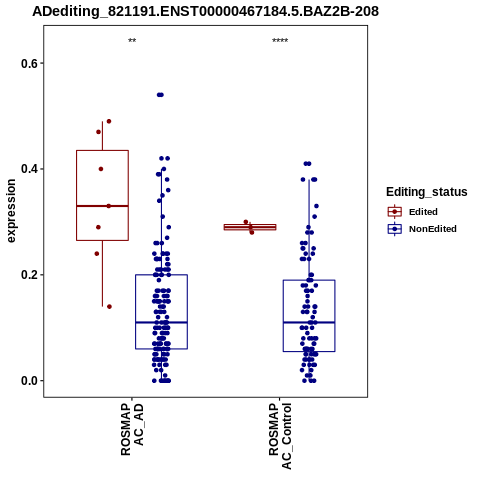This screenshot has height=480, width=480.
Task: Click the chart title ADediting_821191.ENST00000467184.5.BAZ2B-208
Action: point(205,11)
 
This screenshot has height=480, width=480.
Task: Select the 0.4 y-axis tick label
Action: point(28,169)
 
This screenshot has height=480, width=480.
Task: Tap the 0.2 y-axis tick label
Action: point(28,275)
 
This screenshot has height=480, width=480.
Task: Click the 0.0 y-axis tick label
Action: point(28,380)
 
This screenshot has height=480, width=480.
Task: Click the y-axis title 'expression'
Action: point(11,211)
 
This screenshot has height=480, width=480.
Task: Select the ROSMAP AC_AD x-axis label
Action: point(132,430)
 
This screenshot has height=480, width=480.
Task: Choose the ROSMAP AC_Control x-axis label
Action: point(280,436)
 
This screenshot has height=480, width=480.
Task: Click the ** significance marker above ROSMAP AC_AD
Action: point(132,41)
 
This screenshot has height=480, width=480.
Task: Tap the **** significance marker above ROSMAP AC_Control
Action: point(280,41)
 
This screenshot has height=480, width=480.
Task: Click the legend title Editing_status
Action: point(427,192)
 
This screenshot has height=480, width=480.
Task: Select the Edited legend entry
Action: point(423,212)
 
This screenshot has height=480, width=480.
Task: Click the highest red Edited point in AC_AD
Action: point(109,121)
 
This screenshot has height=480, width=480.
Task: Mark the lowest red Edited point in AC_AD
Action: point(109,307)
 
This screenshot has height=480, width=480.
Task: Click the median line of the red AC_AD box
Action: point(102,206)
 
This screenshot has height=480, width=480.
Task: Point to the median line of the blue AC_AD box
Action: point(161,322)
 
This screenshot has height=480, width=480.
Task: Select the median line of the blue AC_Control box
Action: point(309,322)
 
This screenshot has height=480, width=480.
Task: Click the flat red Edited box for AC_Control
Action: point(250,227)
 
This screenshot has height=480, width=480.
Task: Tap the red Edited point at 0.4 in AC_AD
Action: point(101,169)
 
